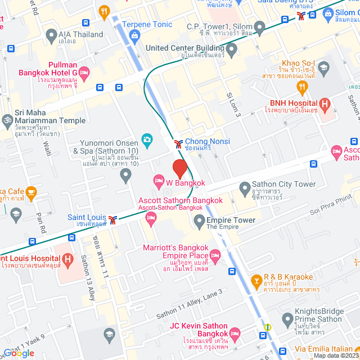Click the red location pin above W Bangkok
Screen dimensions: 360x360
[179, 168]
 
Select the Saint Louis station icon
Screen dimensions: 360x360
[113, 219]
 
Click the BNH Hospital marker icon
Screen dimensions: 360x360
[325, 103]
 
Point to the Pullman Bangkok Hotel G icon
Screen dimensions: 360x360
[84, 72]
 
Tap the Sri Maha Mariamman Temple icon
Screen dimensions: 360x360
[8, 120]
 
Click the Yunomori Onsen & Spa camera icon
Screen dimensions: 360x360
[147, 139]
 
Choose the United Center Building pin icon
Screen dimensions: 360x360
[231, 49]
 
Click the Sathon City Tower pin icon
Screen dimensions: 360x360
[245, 187]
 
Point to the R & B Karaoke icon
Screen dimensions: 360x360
[256, 279]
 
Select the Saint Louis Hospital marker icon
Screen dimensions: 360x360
[67, 259]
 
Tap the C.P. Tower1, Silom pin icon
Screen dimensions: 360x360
[259, 26]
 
